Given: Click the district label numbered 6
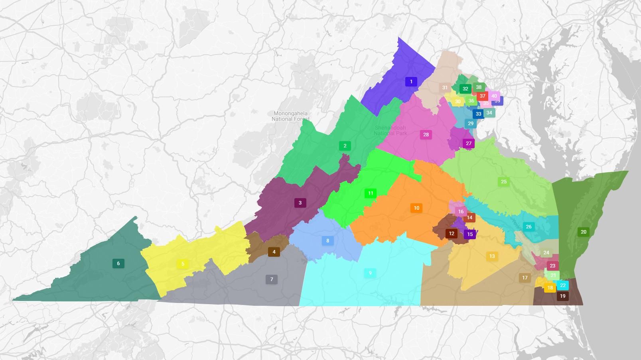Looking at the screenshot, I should [x=118, y=264].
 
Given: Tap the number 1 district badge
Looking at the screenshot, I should [x=411, y=82].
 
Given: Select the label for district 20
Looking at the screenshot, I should [x=584, y=232].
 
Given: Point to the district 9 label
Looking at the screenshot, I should [x=370, y=273].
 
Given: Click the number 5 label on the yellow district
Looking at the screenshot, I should [x=183, y=264].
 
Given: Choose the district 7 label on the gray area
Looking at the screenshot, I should [x=272, y=279].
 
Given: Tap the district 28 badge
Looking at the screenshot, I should [x=426, y=135].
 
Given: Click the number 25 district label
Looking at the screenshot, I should [x=504, y=182].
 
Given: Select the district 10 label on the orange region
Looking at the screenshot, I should [x=416, y=208].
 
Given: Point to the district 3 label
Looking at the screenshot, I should [x=300, y=203].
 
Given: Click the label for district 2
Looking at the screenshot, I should [x=345, y=146].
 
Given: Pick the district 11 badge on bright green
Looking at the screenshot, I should [x=371, y=193].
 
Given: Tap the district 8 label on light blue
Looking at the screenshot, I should [x=328, y=241].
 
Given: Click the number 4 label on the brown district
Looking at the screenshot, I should [x=274, y=252].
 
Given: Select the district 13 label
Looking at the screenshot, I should [x=492, y=256].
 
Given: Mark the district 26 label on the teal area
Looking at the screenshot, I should [x=529, y=227].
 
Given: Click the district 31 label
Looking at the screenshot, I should [x=445, y=88].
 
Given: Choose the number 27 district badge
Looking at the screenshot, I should [x=469, y=144].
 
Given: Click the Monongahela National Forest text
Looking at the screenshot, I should [x=290, y=116].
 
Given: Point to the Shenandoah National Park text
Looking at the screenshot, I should [x=390, y=130].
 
